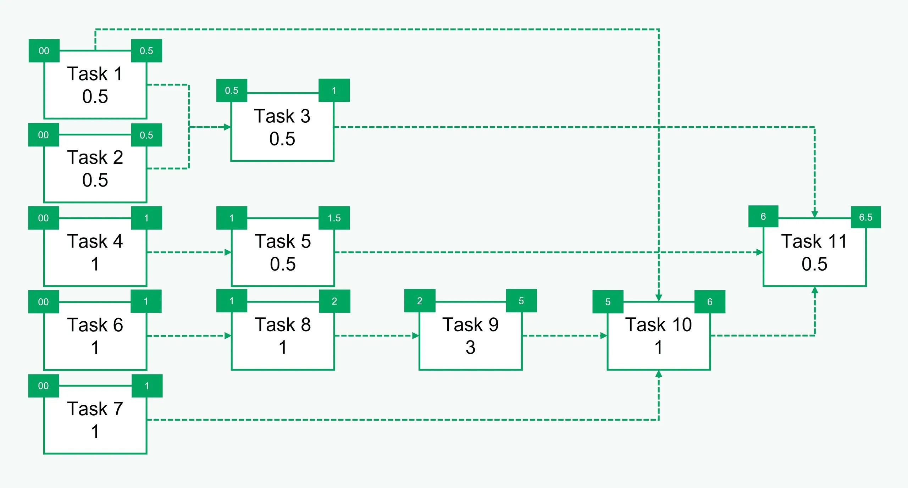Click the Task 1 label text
(x=95, y=74)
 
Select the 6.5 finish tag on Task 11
(x=865, y=217)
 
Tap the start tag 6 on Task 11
(x=763, y=216)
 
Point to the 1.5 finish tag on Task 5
(x=334, y=218)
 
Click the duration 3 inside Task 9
(x=470, y=347)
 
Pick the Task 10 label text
(x=658, y=325)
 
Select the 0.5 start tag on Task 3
(x=232, y=90)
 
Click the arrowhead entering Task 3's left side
(x=227, y=127)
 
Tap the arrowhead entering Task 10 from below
(x=659, y=374)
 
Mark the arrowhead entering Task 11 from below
(x=815, y=290)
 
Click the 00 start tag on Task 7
(x=43, y=386)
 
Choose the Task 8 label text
(x=283, y=325)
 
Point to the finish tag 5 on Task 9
(x=521, y=301)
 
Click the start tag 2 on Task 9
(x=420, y=301)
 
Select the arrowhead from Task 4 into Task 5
(x=228, y=253)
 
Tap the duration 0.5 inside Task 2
(x=95, y=180)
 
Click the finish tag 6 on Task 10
(x=710, y=302)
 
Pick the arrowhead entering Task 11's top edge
(x=815, y=214)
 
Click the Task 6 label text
(x=95, y=325)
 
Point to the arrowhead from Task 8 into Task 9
(x=415, y=335)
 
